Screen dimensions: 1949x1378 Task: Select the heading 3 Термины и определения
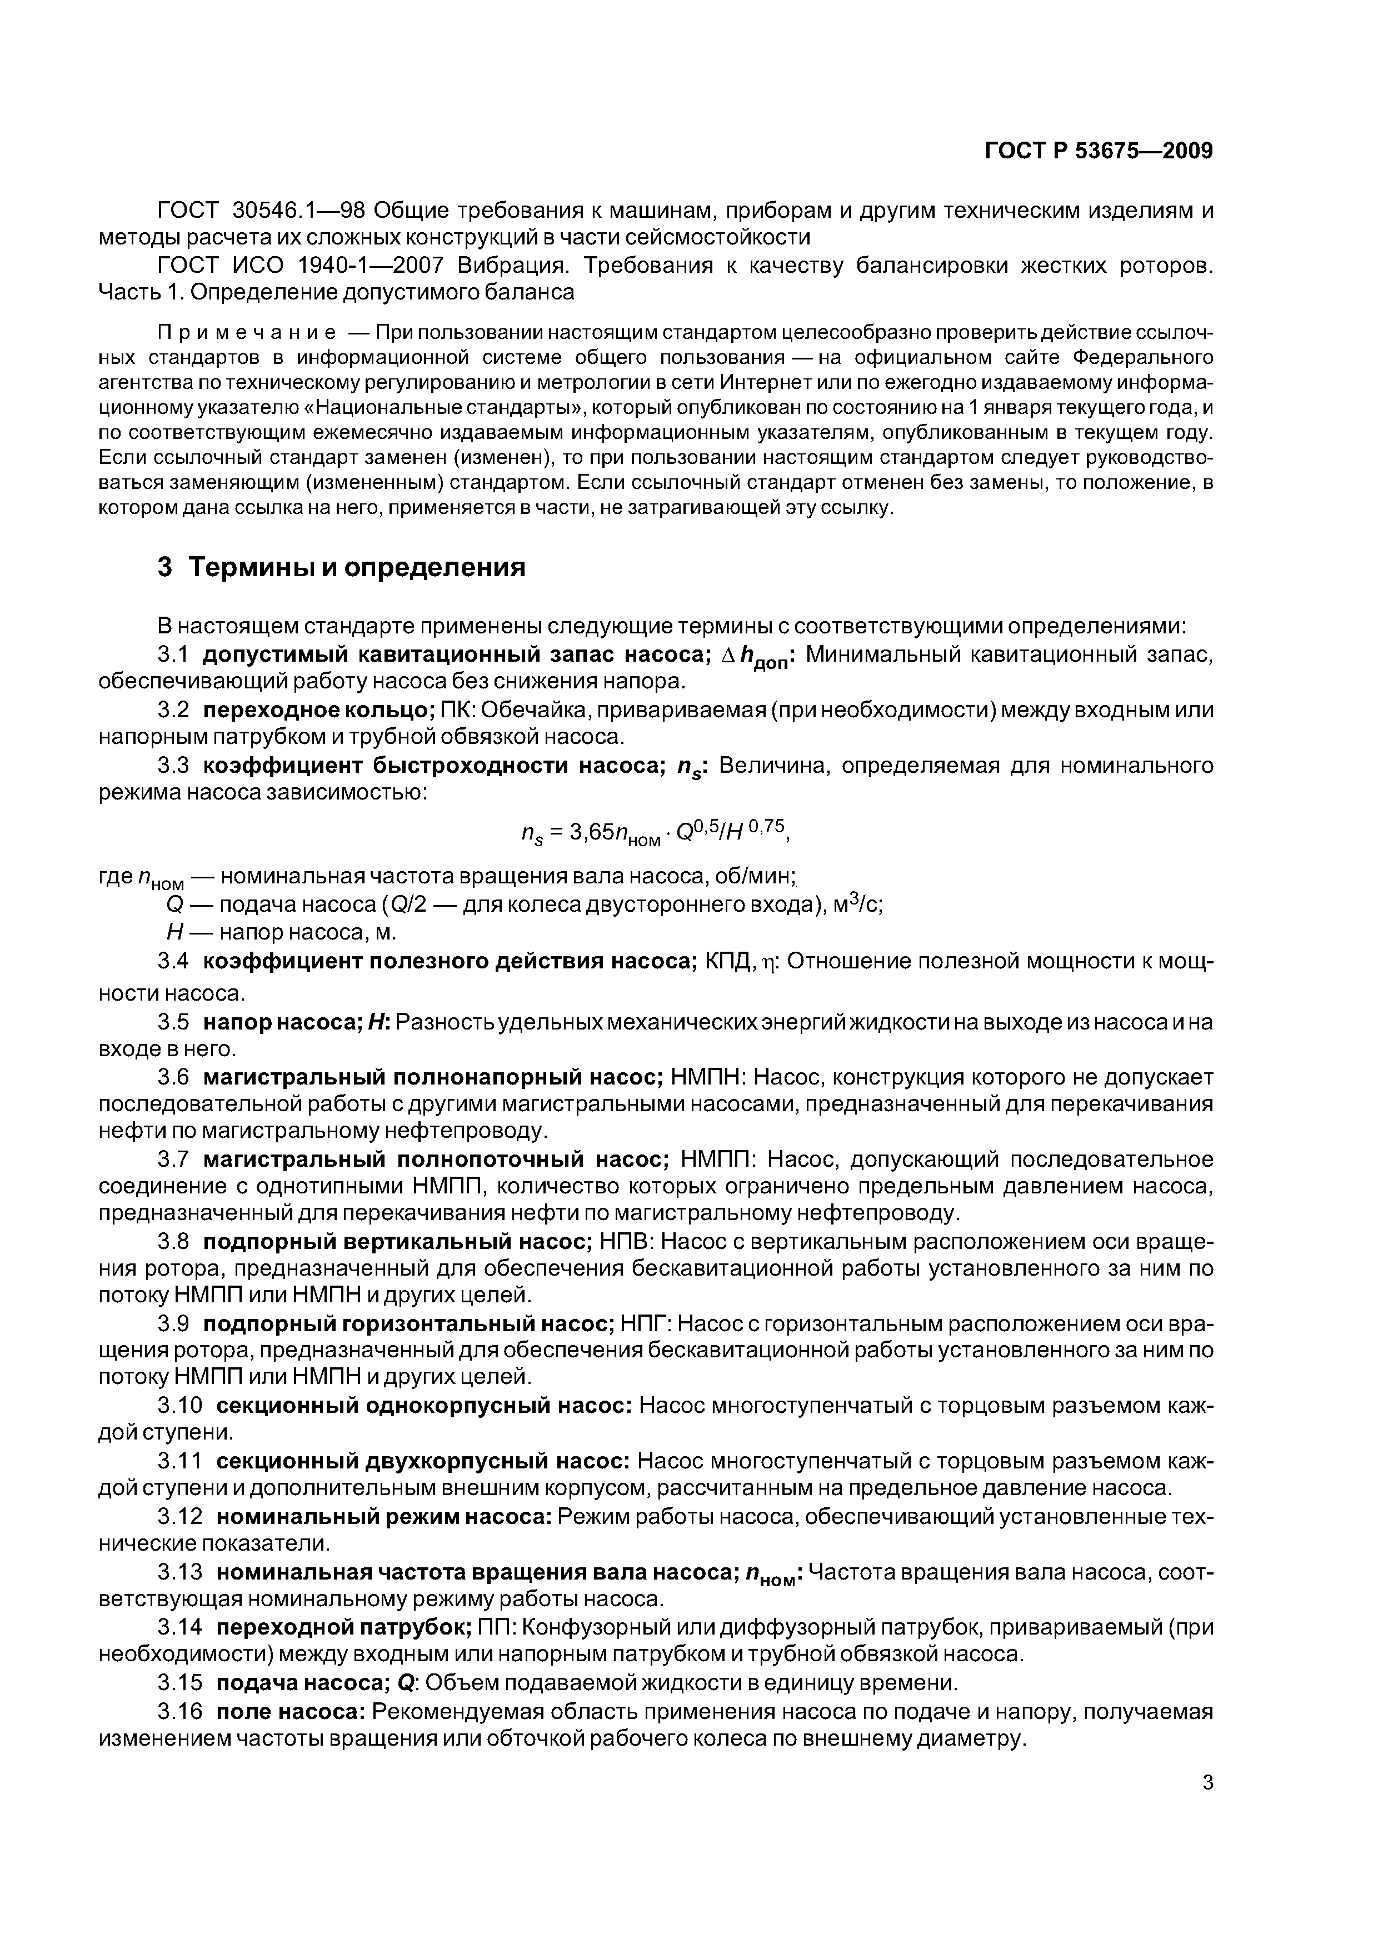point(341,567)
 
